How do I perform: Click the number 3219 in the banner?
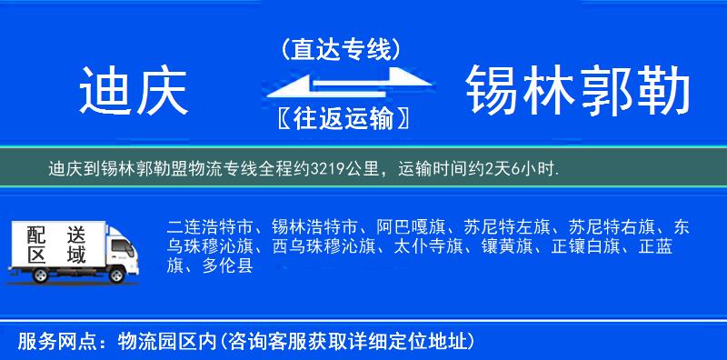pyautogui.click(x=326, y=168)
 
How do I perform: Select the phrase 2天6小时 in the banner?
pyautogui.click(x=523, y=168)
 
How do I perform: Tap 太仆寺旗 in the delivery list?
pyautogui.click(x=428, y=246)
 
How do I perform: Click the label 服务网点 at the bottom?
pyautogui.click(x=52, y=341)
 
